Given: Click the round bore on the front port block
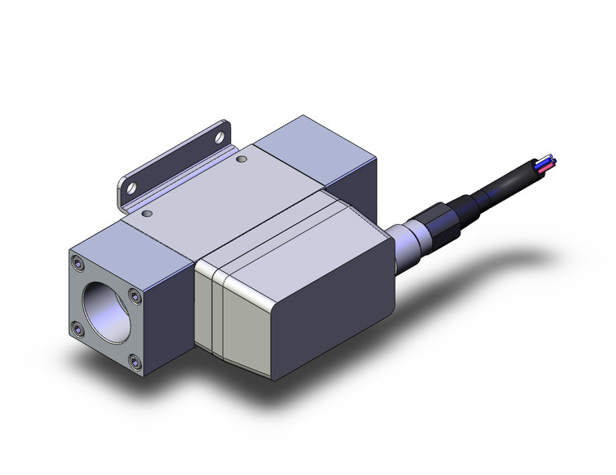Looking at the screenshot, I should (109, 304).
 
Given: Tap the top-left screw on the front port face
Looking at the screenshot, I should (76, 264).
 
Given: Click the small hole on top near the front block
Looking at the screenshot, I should (147, 215).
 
